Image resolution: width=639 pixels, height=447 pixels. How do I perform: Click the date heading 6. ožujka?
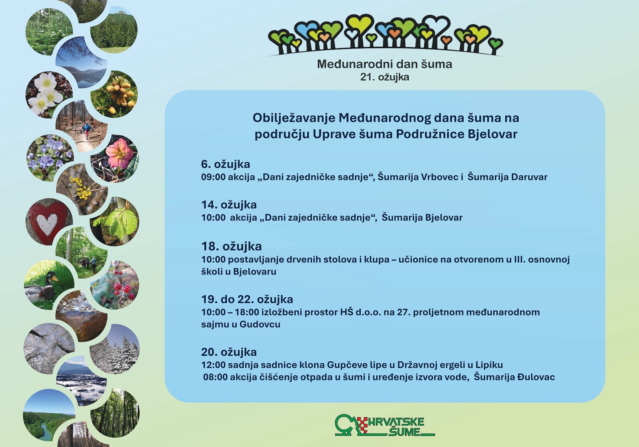click(226, 164)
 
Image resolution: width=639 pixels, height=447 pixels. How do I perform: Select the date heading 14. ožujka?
click(229, 205)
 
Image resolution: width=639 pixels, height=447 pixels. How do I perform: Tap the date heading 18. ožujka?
click(231, 246)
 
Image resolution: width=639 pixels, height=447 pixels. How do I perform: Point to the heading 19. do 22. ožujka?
click(247, 299)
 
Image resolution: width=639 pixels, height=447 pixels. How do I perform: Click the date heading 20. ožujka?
click(229, 352)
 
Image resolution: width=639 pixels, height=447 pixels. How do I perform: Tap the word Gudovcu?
click(260, 325)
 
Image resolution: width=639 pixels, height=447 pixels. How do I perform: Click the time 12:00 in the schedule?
click(213, 365)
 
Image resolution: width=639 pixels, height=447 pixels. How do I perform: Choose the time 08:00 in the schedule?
click(215, 377)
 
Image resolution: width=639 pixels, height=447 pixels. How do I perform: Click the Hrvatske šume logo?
click(385, 425)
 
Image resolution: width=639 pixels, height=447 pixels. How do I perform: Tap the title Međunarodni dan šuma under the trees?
click(384, 64)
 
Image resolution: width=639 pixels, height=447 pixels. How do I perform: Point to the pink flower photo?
click(115, 158)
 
